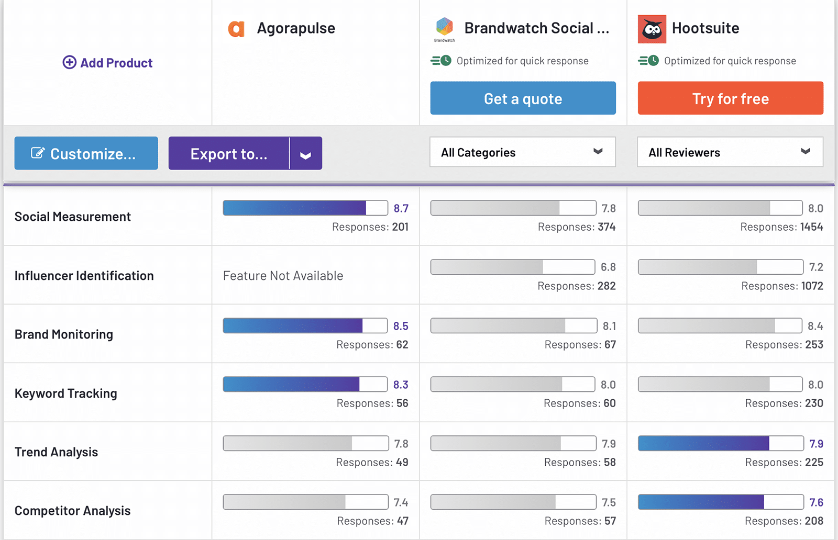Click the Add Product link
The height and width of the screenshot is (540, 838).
click(x=108, y=63)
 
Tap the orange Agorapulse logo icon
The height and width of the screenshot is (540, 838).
click(x=236, y=29)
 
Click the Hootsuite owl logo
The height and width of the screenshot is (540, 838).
click(x=652, y=29)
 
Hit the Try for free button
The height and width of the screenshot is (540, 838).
click(x=730, y=98)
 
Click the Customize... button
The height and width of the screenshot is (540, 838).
click(x=86, y=153)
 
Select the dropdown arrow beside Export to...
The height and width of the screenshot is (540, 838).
click(x=306, y=154)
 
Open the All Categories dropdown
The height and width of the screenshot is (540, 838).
click(x=522, y=152)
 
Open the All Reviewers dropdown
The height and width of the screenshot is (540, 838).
click(x=730, y=152)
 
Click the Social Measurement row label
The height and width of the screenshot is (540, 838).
click(x=73, y=217)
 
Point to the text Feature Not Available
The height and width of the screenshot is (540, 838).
click(x=283, y=276)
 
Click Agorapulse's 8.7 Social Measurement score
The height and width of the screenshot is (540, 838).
click(x=401, y=208)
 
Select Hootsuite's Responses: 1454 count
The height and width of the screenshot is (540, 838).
click(x=781, y=227)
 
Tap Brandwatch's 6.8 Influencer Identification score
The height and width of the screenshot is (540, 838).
click(x=608, y=267)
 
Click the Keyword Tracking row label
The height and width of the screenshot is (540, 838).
click(x=66, y=393)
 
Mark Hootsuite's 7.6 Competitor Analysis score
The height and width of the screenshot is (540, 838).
click(x=816, y=502)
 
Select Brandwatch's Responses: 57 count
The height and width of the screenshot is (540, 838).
click(x=580, y=521)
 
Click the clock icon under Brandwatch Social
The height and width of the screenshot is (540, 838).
click(x=446, y=61)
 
